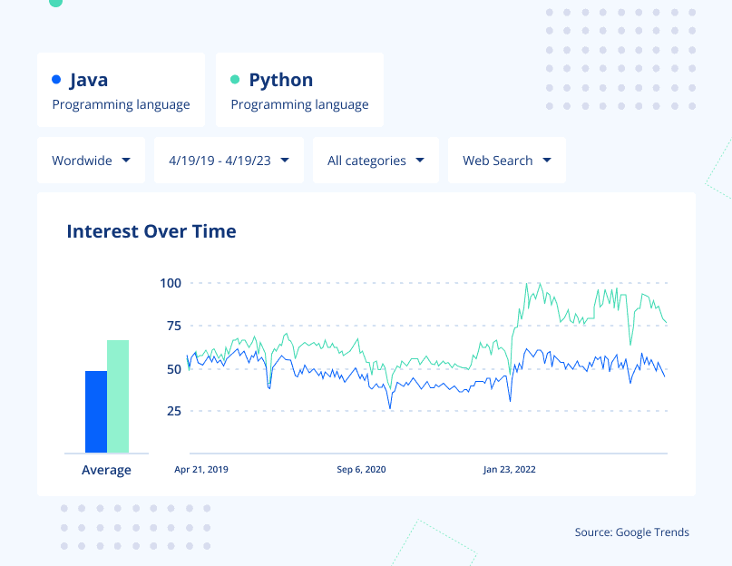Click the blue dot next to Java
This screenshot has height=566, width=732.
click(56, 80)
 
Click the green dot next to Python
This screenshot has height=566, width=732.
click(235, 80)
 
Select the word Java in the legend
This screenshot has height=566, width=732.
click(88, 80)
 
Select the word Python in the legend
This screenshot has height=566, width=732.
click(280, 80)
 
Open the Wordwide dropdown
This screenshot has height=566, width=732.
click(91, 161)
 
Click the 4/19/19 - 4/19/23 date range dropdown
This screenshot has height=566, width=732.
click(229, 161)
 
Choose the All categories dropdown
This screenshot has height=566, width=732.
click(376, 161)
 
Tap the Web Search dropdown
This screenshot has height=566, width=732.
click(506, 161)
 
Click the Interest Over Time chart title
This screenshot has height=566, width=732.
click(151, 231)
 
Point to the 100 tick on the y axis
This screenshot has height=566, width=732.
click(171, 283)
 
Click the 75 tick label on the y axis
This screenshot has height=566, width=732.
click(173, 326)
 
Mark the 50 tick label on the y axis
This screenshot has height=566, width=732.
click(173, 369)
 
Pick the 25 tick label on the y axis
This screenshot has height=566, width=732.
click(173, 411)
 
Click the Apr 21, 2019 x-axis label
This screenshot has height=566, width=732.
click(201, 470)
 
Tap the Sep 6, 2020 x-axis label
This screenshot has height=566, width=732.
click(361, 470)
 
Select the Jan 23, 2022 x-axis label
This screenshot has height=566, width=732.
click(509, 470)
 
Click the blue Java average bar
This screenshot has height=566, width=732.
click(96, 412)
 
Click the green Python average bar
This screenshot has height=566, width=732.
click(118, 396)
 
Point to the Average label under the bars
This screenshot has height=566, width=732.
click(106, 470)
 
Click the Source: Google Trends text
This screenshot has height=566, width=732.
click(631, 532)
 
